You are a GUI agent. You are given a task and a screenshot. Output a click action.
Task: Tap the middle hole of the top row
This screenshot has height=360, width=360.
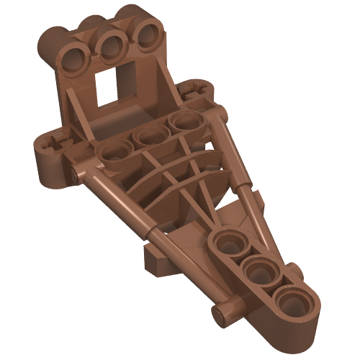tap(112, 47)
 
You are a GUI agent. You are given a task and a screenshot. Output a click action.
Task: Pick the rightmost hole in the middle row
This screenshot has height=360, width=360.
tap(181, 123)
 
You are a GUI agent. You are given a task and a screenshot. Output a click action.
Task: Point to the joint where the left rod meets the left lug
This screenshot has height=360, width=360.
tap(81, 173)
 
